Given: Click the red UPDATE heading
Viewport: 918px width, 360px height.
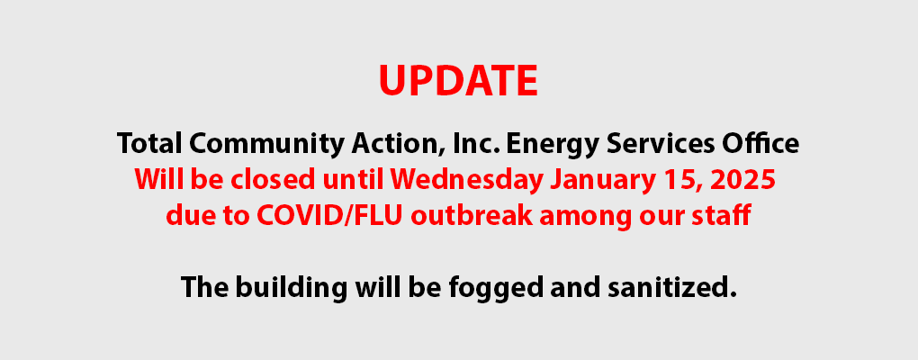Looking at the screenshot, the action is [x=458, y=81].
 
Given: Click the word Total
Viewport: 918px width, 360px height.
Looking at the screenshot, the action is [x=149, y=143].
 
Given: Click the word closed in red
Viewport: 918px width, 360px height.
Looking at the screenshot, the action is [x=274, y=180].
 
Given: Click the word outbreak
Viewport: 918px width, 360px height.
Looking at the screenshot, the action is [x=472, y=216].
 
